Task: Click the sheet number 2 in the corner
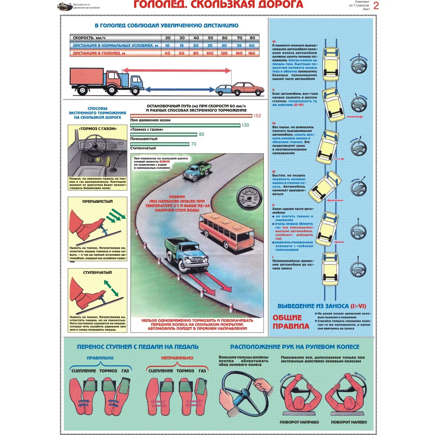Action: [376, 6]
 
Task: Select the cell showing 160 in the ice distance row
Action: [251, 53]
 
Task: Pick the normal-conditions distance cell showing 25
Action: [210, 46]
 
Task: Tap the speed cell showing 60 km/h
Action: [225, 38]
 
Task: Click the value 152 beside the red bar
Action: [257, 116]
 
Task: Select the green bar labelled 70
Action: [159, 144]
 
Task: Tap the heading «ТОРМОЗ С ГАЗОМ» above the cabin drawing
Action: [98, 129]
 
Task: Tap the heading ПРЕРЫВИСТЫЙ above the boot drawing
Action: [98, 201]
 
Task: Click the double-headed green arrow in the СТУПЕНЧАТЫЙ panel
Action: [111, 287]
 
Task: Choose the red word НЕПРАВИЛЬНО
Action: [177, 358]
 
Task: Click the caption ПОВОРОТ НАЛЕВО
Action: [349, 422]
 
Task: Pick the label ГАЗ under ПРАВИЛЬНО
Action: [125, 371]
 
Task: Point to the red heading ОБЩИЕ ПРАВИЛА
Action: [291, 322]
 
